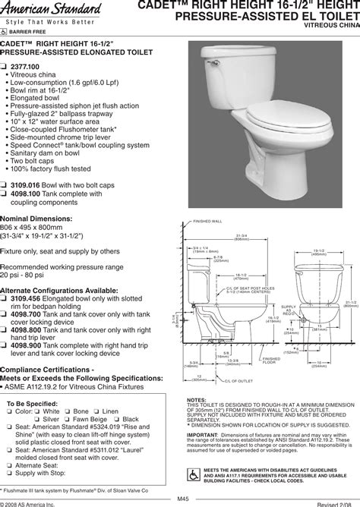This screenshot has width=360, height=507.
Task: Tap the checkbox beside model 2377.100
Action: pyautogui.click(x=5, y=67)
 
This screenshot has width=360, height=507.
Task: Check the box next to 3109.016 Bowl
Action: pyautogui.click(x=5, y=184)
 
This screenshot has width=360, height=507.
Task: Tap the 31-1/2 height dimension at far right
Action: pyautogui.click(x=351, y=304)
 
